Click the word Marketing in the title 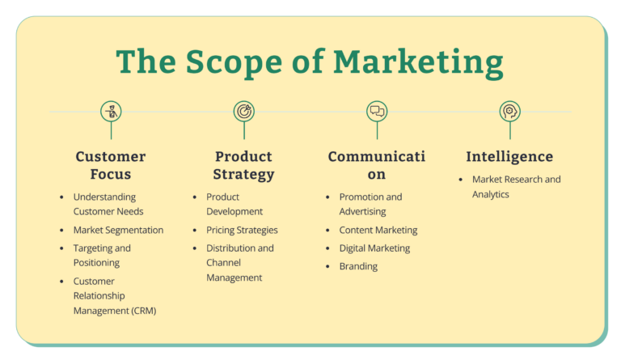[x=418, y=61]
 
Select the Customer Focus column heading [x=111, y=165]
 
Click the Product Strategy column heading [x=243, y=165]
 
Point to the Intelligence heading [x=509, y=157]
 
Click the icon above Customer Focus [x=112, y=111]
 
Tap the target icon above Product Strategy [x=244, y=111]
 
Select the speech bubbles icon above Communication [x=377, y=111]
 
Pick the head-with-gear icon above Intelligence [x=509, y=111]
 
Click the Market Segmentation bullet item [x=118, y=230]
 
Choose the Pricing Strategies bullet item [x=242, y=230]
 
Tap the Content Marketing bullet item [x=378, y=230]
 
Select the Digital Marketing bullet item [x=374, y=248]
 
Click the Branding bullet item [x=358, y=265]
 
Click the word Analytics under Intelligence [x=491, y=194]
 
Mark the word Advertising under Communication [x=362, y=211]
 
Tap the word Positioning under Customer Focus [x=96, y=262]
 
